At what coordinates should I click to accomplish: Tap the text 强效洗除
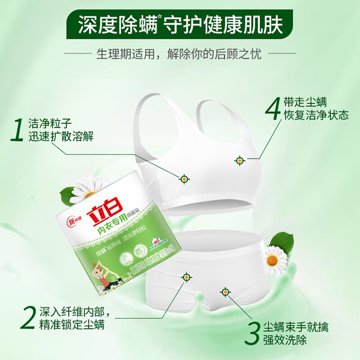tap(290, 340)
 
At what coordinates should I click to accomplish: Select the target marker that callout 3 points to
tap(224, 291)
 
